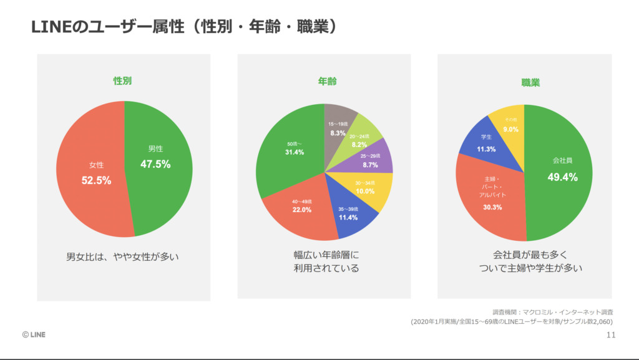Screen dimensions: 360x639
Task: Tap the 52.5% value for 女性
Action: point(96,180)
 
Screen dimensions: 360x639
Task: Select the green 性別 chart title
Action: point(122,81)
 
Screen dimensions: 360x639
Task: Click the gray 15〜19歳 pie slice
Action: point(339,127)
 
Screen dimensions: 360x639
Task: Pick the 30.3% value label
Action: point(492,207)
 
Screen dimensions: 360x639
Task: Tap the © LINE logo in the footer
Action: point(34,335)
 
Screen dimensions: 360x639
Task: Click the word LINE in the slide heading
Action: point(47,28)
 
